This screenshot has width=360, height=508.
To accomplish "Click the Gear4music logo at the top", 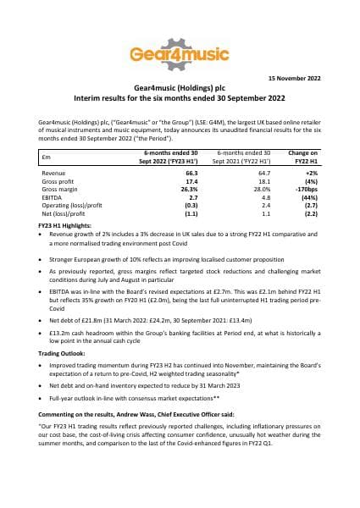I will [180, 54].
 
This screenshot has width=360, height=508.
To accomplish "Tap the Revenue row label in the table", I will [54, 172].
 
